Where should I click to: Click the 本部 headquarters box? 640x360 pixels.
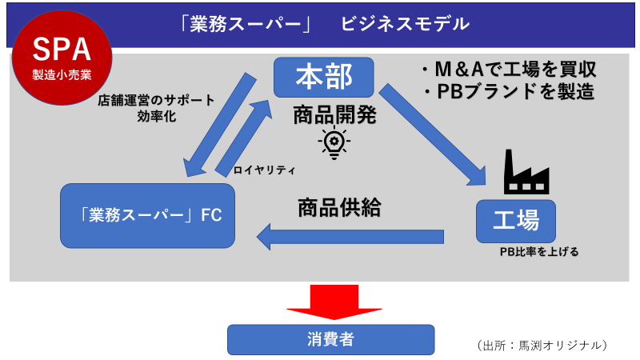[323, 77]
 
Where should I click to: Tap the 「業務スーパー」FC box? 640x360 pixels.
[148, 215]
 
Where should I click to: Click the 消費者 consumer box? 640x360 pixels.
[330, 339]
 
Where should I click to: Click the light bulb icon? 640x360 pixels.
[333, 142]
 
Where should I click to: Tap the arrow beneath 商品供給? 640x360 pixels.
[352, 236]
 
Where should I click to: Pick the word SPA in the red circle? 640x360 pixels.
[61, 50]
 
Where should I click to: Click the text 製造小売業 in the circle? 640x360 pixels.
[61, 77]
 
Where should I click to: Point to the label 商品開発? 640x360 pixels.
[334, 114]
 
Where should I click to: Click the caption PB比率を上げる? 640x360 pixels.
[538, 251]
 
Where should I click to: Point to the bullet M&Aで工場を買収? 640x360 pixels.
[509, 69]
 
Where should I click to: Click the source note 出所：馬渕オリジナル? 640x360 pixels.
[542, 345]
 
